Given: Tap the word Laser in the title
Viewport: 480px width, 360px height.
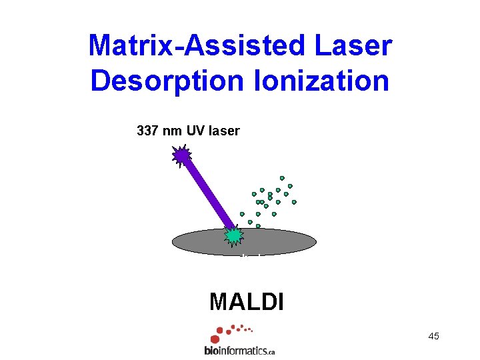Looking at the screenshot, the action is point(359,45).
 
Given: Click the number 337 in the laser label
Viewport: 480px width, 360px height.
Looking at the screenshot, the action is point(147,131).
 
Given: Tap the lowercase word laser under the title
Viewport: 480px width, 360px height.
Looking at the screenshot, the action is point(224,131).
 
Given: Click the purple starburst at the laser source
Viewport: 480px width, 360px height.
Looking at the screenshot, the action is point(181,156).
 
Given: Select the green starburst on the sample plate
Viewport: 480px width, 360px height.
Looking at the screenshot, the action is point(233,235).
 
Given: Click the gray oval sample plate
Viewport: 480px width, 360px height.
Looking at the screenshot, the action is point(280,241).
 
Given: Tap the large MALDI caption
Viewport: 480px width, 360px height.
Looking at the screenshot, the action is point(246,302).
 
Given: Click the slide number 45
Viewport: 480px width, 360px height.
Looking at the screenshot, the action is point(433,336).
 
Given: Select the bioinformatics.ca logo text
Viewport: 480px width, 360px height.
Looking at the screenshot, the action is point(239,350).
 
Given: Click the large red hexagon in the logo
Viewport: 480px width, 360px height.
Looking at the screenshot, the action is point(215,339).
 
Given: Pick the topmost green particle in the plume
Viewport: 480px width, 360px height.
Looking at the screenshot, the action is point(282,178).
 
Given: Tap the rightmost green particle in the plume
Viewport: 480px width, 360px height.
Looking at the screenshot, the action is point(294,201).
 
